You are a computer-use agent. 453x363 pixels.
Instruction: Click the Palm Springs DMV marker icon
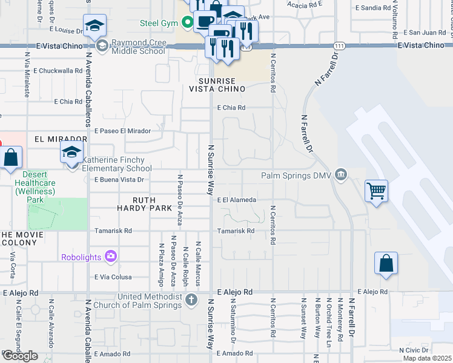(340, 175)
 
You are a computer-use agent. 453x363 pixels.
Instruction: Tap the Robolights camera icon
(110, 257)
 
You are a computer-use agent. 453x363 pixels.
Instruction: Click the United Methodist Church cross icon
(191, 299)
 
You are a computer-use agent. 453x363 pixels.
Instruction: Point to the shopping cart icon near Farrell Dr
(376, 191)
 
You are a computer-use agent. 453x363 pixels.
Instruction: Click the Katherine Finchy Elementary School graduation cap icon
(71, 152)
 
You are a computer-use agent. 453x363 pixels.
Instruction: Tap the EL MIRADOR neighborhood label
(61, 139)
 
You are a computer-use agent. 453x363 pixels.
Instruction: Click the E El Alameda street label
(237, 200)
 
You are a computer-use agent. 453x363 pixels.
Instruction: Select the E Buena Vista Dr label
(119, 180)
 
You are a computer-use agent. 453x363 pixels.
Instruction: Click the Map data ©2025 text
(427, 358)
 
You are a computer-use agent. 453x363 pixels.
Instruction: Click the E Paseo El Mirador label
(122, 131)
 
